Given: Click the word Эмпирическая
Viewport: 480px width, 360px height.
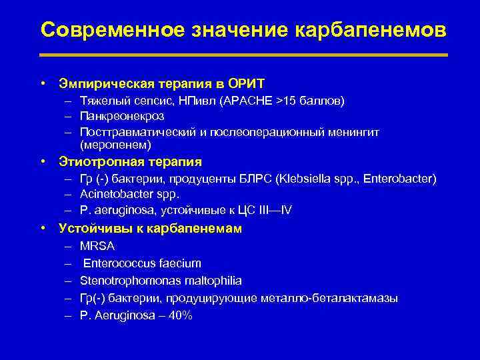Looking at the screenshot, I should coord(106,83).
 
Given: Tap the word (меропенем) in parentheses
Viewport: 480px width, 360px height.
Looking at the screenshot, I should coord(116,144).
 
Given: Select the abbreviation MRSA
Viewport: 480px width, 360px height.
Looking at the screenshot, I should coord(97,246).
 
